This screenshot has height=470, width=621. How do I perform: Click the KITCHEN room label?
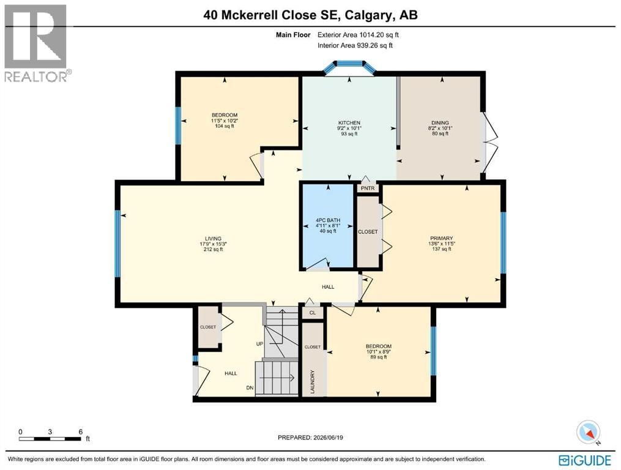tap(349, 123)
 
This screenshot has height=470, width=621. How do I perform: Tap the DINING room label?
tap(440, 123)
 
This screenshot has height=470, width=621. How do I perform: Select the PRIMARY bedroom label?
tap(441, 238)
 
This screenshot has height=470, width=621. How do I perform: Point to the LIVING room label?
tap(213, 239)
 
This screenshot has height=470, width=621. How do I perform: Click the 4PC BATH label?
tap(328, 220)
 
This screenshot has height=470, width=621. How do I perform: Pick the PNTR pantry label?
tap(368, 188)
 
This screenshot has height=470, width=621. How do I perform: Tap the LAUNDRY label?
tap(313, 382)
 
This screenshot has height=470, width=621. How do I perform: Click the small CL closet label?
tap(313, 313)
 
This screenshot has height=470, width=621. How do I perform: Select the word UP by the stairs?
tap(259, 344)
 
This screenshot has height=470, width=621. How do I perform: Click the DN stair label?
tap(250, 388)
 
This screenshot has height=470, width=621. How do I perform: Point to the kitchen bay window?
tap(349, 67)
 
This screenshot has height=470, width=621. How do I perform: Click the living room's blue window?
tap(117, 244)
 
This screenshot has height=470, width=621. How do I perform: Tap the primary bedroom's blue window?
tap(504, 243)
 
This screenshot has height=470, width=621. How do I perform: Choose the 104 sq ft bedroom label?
tap(225, 121)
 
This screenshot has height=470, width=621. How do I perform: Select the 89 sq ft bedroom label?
tap(379, 351)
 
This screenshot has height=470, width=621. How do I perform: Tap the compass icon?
tap(589, 432)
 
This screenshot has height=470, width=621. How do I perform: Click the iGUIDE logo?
tap(585, 460)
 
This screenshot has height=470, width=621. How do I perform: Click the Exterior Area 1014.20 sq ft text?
tap(358, 35)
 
